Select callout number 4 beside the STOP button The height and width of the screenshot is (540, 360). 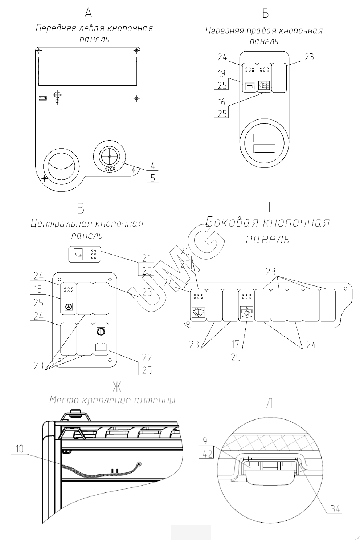coord(153,166)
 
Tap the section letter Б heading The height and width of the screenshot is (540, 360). coord(265,14)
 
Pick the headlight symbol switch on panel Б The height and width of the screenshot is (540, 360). coord(265,86)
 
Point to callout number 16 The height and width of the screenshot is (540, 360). coord(222,102)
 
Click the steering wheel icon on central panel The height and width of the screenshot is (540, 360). coord(68,306)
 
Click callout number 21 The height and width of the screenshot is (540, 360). coord(147,258)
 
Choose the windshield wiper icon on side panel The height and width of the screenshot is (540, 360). coord(199,312)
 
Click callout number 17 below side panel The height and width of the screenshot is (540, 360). coord(236,344)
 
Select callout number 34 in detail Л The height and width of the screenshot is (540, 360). coord(336,509)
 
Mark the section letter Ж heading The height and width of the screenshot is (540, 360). coord(116,387)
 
